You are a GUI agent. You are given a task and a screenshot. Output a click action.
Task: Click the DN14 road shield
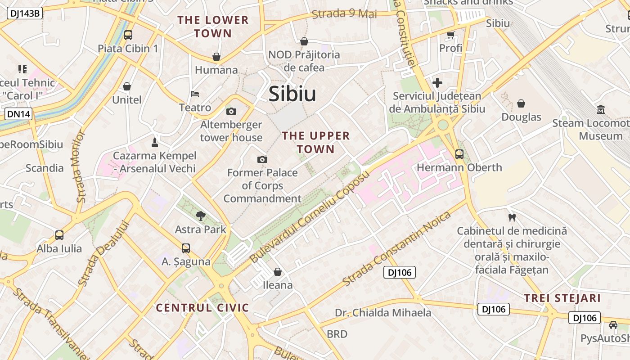click(19, 114)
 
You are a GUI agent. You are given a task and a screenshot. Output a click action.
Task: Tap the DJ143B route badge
click(25, 13)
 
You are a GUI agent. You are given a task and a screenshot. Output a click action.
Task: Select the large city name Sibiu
click(292, 94)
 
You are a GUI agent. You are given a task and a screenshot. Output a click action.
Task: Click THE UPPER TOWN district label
click(315, 142)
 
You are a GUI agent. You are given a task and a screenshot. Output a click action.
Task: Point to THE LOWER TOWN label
click(213, 27)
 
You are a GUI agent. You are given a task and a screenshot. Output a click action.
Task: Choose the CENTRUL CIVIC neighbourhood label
click(202, 308)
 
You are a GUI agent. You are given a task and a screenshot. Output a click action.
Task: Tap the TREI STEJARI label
click(562, 298)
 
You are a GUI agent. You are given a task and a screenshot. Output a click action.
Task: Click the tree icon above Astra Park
click(201, 216)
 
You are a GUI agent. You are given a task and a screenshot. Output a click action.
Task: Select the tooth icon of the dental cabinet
click(512, 218)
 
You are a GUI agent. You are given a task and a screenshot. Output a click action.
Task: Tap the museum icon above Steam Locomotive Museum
click(601, 109)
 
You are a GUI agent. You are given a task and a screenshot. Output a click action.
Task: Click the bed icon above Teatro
click(195, 94)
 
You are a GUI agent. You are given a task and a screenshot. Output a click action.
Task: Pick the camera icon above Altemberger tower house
click(231, 111)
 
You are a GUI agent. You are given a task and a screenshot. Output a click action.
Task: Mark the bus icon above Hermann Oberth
click(459, 154)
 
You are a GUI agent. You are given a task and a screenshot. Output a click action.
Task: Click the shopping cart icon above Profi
click(450, 34)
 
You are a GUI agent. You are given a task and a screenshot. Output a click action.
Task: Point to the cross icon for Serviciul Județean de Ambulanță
click(437, 83)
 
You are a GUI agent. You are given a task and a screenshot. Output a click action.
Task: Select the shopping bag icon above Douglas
click(521, 103)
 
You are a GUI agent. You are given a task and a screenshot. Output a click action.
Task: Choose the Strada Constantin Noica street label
click(396, 248)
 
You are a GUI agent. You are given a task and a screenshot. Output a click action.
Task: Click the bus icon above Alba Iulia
click(59, 235)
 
